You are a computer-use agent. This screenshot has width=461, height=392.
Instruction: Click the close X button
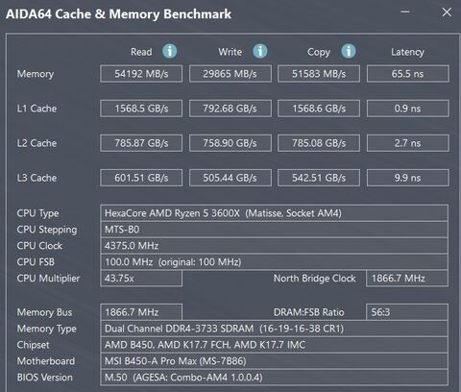point(447,12)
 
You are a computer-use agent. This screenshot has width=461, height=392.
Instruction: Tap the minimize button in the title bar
point(405,12)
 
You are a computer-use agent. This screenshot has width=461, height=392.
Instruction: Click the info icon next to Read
point(169,51)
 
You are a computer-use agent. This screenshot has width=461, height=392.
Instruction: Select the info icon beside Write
point(260,51)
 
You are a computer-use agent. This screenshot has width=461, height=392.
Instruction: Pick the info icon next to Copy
point(349,51)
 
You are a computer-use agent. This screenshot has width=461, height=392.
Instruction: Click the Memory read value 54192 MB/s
point(141,74)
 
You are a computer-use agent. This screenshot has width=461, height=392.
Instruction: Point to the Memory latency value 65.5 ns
point(408,74)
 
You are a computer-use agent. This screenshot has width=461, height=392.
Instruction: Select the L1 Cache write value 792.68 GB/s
point(230,109)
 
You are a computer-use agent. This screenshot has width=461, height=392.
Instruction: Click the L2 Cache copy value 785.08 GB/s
point(319,143)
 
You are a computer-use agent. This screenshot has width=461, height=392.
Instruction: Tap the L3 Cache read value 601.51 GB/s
point(141,178)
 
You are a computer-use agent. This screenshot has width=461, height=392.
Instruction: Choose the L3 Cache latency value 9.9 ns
point(408,178)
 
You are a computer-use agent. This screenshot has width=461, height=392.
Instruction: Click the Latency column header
point(407,52)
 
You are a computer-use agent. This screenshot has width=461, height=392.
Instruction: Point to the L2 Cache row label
point(36,143)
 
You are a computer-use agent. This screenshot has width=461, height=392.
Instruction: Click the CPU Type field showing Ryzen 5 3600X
point(274,213)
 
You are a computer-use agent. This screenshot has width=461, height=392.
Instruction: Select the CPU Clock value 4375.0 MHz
point(274,246)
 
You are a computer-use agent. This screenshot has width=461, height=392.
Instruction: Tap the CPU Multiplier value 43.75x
point(141,279)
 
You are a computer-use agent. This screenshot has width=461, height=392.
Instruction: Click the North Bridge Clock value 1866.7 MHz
point(407,279)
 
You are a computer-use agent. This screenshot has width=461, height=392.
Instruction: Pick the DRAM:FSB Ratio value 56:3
point(407,312)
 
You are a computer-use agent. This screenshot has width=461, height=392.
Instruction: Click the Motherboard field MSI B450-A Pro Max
point(274,361)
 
